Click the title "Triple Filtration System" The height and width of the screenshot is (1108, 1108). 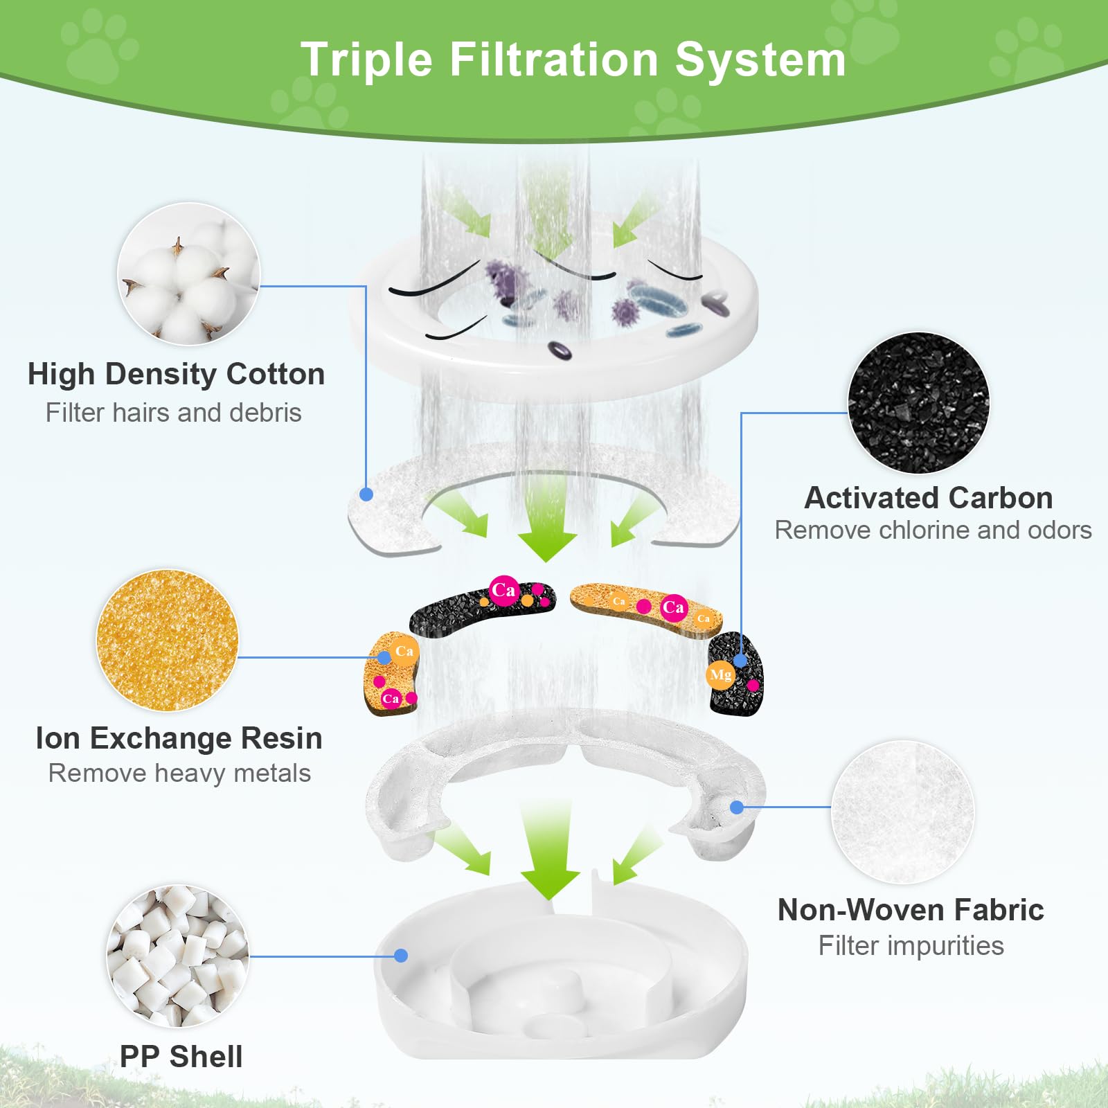573,60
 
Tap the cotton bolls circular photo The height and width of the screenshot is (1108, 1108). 188,274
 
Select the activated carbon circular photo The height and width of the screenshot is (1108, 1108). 918,403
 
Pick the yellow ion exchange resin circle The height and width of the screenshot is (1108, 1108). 168,641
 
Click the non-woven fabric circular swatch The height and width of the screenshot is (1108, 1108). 902,812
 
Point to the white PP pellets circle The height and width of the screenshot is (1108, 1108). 178,956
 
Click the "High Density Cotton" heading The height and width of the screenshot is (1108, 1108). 176,374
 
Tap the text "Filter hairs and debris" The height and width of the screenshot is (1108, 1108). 173,413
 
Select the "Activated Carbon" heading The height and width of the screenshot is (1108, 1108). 928,498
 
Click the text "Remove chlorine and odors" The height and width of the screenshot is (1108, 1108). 933,530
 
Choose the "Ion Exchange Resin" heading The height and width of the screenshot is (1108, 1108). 179,738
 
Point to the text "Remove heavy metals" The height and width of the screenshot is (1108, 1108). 179,774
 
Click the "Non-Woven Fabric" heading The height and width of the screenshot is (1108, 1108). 911,910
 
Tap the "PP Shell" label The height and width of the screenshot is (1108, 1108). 181,1057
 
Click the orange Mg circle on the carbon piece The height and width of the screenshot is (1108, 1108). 720,674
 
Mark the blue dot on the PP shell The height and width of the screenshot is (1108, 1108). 400,956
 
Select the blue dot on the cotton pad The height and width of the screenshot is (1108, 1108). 366,494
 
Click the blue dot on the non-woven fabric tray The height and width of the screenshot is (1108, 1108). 737,807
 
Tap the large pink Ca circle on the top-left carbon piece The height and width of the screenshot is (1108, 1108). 503,590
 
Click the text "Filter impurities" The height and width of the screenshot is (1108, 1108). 911,946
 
